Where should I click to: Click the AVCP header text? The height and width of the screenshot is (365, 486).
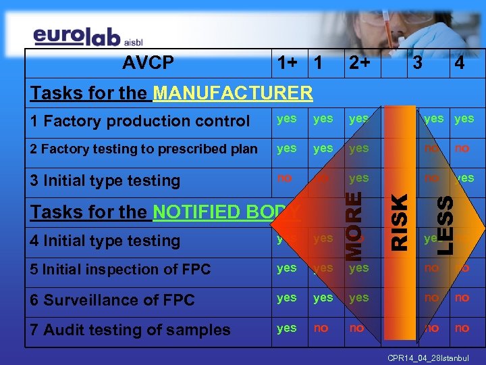click(148, 64)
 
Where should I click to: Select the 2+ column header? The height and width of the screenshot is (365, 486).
click(359, 64)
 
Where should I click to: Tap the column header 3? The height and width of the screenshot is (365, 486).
click(418, 64)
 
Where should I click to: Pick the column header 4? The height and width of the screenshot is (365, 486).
click(460, 64)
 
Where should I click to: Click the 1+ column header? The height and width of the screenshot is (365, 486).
click(287, 64)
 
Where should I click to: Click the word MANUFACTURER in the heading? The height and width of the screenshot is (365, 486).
click(233, 93)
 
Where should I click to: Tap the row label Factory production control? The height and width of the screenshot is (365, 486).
click(140, 122)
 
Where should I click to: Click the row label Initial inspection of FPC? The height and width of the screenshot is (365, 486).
click(121, 269)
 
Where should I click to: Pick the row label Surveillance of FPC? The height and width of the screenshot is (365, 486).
click(113, 299)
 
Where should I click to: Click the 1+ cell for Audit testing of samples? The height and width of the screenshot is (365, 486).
click(287, 328)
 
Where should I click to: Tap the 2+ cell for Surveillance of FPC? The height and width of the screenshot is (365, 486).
click(359, 297)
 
